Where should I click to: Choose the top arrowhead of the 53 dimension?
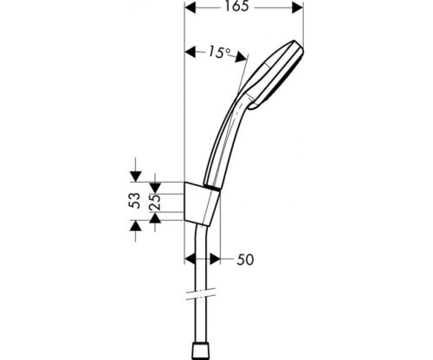[135, 176]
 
